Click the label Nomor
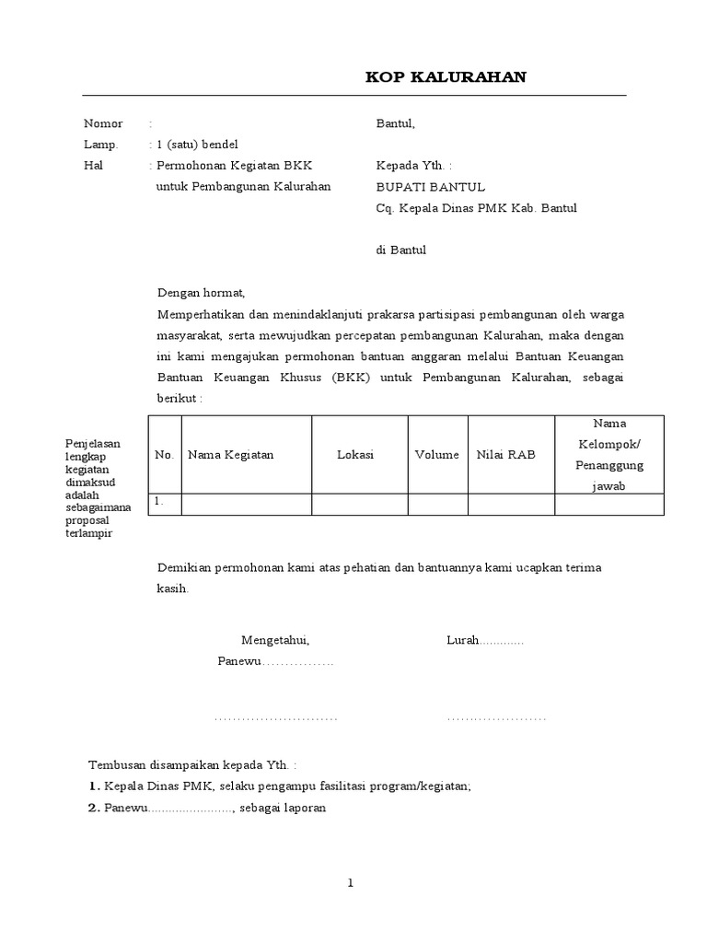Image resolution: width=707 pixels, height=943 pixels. (103, 123)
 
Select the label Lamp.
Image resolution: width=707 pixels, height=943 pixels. (101, 145)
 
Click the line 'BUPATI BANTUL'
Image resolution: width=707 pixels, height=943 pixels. (431, 187)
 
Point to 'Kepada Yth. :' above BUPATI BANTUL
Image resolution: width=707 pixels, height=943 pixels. (414, 166)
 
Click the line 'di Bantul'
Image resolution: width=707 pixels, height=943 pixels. (401, 250)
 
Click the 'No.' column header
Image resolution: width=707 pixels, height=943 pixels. (165, 455)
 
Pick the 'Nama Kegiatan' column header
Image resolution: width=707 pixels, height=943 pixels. (231, 455)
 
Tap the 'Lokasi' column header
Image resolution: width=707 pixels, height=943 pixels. (355, 455)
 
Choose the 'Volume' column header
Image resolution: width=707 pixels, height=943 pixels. (437, 455)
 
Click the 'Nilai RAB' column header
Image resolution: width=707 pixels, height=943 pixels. (505, 455)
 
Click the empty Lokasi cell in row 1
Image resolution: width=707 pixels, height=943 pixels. (359, 504)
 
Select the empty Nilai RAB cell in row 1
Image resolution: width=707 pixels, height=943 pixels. (511, 504)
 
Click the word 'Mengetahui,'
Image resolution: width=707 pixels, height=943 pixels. (276, 640)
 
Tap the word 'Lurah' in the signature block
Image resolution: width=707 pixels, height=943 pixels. (463, 640)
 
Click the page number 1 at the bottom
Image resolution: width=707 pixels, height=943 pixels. (351, 883)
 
